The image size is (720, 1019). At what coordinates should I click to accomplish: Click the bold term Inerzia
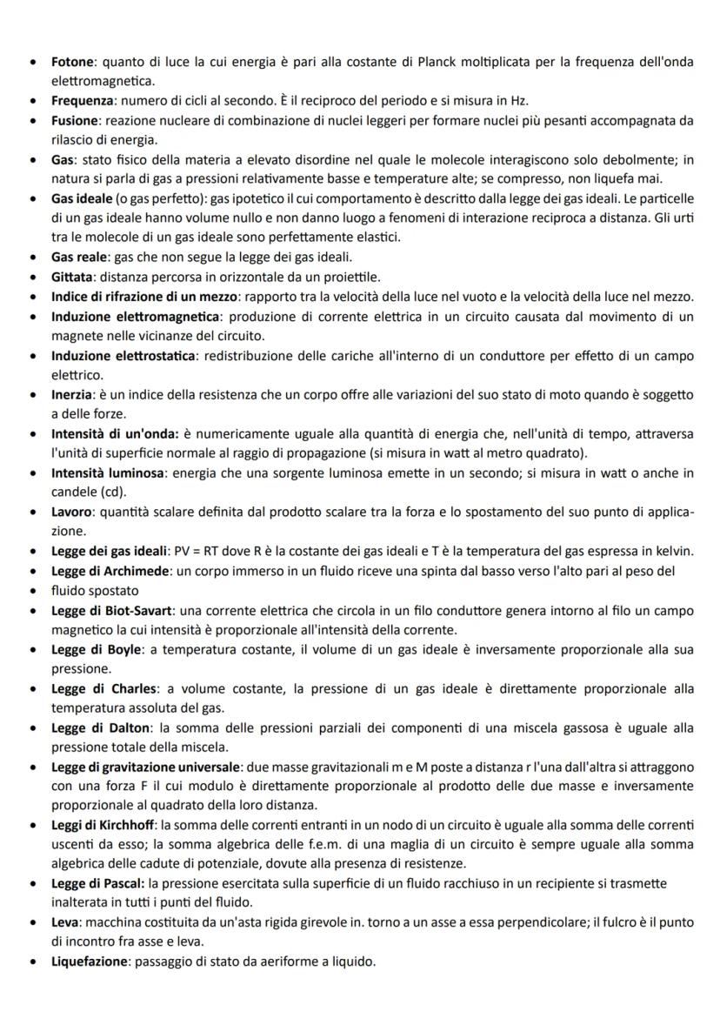[70, 394]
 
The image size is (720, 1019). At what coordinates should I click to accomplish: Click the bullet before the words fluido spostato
[32, 590]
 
